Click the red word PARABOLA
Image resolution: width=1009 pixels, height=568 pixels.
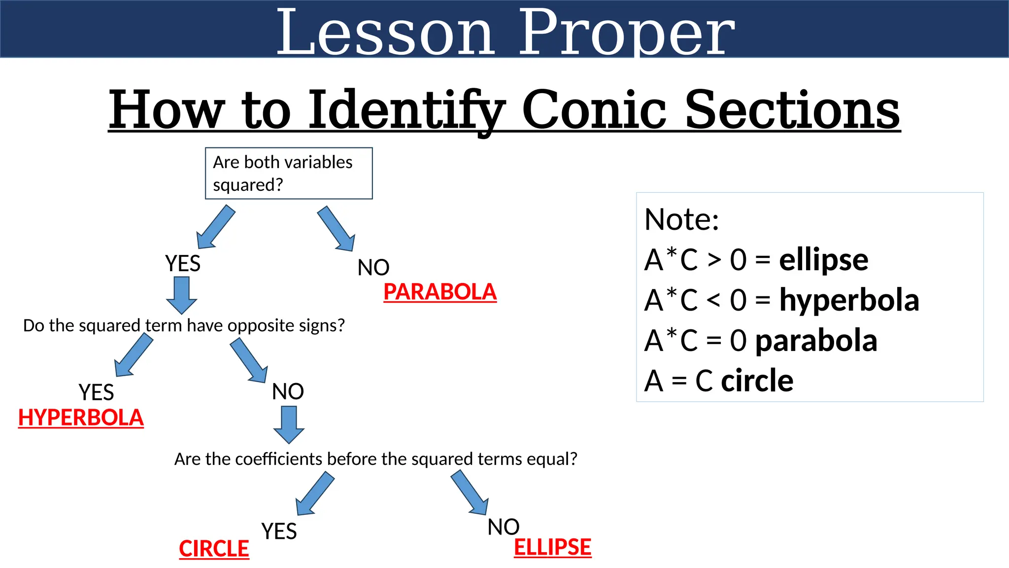440,291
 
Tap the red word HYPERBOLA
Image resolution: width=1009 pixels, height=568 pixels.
81,418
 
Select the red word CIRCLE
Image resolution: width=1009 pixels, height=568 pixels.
214,549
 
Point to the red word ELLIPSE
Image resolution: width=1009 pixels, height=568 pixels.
552,547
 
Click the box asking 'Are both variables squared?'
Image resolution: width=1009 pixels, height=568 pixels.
289,173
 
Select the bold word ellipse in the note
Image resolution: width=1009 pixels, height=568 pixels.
823,260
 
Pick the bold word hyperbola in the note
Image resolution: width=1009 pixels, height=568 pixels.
849,300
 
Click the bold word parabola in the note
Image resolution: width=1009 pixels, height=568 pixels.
816,341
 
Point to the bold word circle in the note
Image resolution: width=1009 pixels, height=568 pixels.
757,381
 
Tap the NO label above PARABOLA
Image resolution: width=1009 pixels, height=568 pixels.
373,267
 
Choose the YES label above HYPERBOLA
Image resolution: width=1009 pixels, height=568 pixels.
96,392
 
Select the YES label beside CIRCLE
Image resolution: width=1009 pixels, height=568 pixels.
279,531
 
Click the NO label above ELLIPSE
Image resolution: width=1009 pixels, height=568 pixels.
503,527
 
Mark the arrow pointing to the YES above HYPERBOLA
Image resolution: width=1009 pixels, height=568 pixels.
133,355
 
